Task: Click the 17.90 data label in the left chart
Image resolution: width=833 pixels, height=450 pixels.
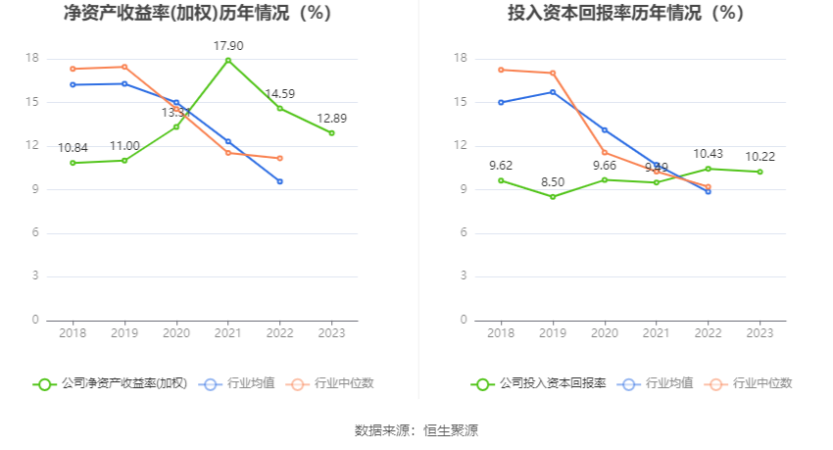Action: coord(228,46)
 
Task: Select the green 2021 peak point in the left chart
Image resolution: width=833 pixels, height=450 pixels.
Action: coord(228,60)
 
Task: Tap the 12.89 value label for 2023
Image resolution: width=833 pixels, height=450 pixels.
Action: coord(331,119)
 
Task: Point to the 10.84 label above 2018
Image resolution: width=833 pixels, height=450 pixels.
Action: coord(73,148)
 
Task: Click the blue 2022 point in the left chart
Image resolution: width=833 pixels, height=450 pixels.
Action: coord(280,181)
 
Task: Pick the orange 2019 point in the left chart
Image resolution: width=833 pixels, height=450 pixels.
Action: coord(124,67)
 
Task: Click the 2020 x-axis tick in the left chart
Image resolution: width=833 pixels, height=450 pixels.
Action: coord(176,334)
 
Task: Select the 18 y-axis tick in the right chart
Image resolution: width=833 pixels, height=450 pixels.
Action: coord(463,59)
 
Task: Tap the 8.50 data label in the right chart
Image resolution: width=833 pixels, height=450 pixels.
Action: coord(553,182)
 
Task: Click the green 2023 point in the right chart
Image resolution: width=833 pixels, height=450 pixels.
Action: coord(759,172)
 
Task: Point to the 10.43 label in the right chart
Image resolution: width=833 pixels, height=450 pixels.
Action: coord(708,154)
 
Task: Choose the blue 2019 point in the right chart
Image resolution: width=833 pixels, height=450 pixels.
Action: coord(553,92)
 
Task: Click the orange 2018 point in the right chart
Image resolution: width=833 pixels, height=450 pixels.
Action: coord(501,70)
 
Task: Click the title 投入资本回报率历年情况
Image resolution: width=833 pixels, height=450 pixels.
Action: coord(625,14)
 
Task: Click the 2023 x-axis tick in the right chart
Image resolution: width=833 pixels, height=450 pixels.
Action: coord(759,334)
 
